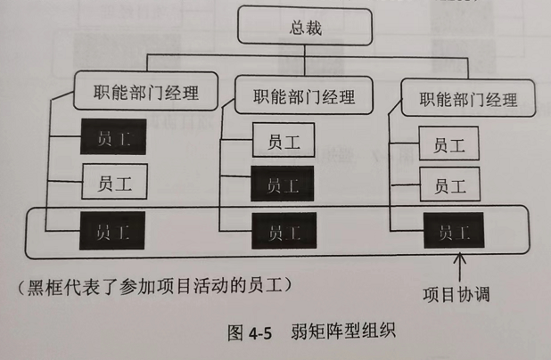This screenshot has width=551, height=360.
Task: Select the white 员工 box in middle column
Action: pos(283,141)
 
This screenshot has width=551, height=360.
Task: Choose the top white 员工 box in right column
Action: pos(451,144)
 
